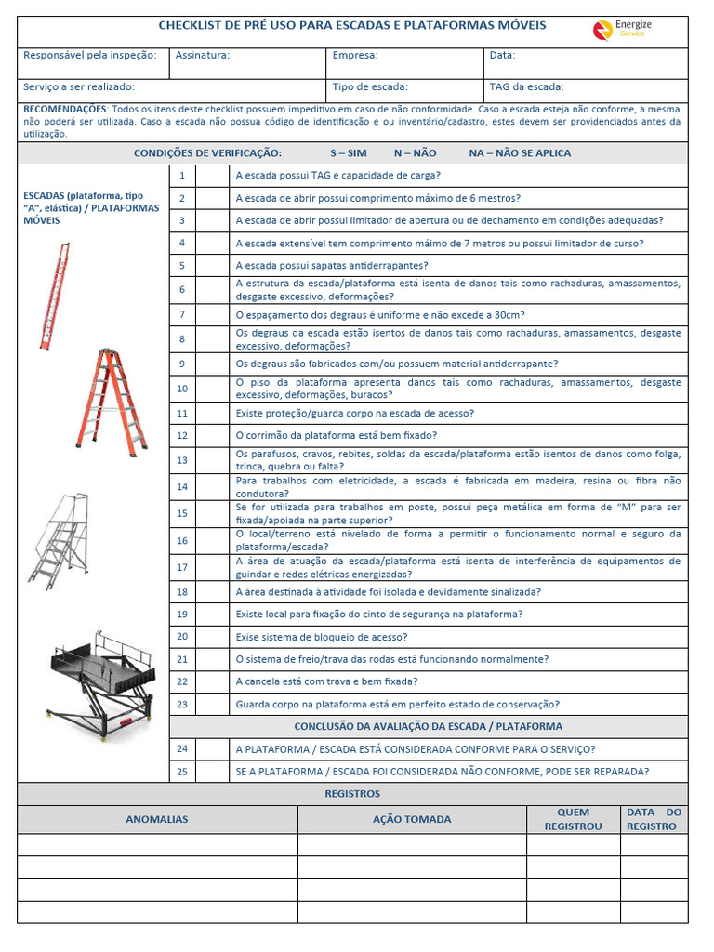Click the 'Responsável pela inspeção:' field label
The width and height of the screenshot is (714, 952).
89,56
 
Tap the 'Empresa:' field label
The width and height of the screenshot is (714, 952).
355,56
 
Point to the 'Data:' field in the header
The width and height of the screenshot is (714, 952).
502,56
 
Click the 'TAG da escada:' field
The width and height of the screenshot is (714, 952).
526,87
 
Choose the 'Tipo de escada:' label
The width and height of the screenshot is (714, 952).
370,87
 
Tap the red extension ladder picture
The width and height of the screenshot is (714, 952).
54,295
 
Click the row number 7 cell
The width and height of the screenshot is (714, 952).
182,315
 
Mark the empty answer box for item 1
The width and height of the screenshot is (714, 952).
212,176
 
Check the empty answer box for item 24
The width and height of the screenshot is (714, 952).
212,749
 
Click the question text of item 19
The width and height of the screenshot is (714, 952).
379,615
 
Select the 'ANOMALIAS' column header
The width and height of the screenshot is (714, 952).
157,819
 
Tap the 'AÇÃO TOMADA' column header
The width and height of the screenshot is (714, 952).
412,819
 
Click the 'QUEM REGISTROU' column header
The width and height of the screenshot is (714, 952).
573,819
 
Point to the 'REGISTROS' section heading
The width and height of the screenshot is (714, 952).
352,794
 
